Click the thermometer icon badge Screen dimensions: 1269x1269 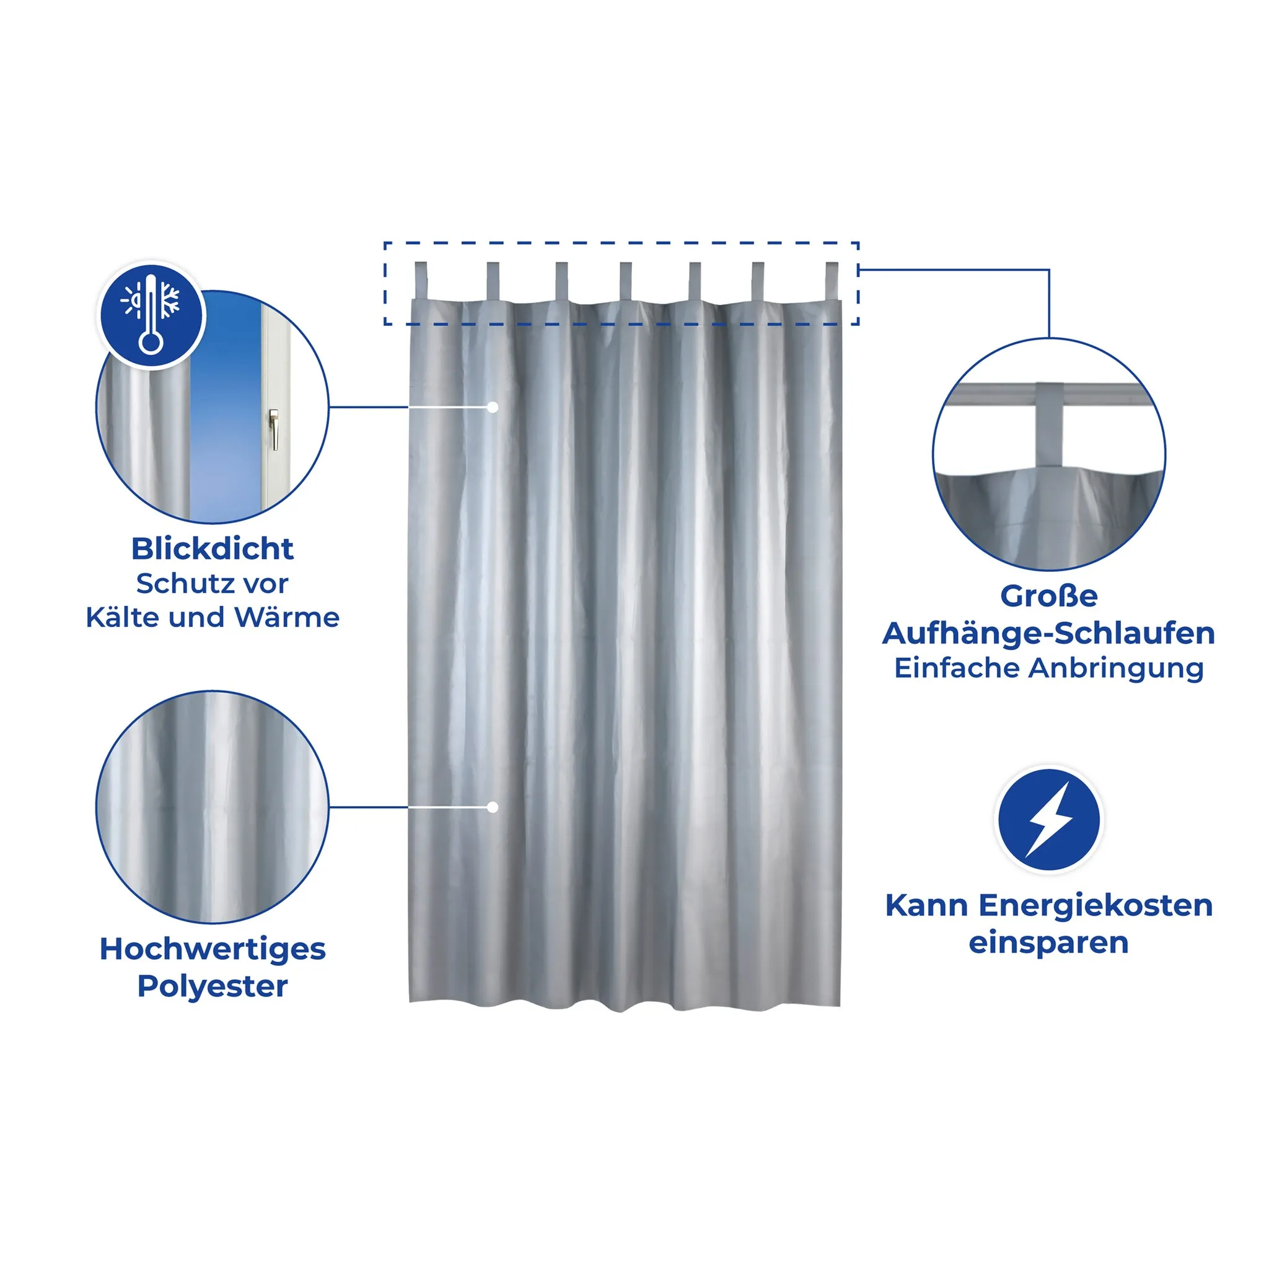tap(151, 314)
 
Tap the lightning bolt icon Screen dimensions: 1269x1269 tap(1049, 820)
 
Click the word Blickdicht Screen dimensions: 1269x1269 tap(212, 548)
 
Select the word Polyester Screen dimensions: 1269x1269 tap(212, 986)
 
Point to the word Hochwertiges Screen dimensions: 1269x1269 tap(212, 949)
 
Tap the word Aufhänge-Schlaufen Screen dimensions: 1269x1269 tap(1048, 633)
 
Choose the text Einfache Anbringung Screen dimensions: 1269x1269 tap(1048, 668)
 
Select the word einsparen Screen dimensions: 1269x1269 tap(1048, 943)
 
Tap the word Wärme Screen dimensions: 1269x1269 tap(286, 617)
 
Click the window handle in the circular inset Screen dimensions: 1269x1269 tap(273, 430)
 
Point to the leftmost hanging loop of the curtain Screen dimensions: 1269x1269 tap(421, 282)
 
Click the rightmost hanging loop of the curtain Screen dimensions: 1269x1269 tap(832, 282)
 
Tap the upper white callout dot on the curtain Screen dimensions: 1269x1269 tap(493, 407)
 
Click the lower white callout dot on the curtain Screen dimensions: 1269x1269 tap(493, 807)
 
